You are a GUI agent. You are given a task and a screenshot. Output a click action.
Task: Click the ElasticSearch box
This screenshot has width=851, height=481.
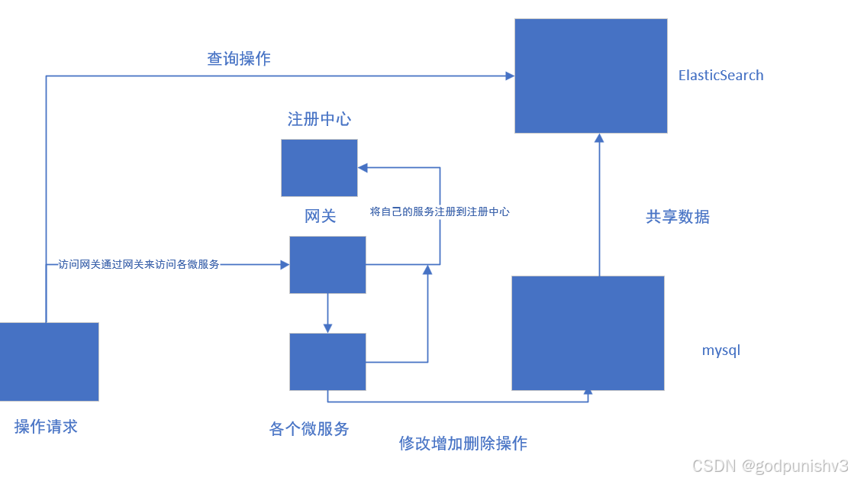coord(591,76)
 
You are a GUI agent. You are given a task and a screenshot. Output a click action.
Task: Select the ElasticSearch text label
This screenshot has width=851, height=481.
coord(720,76)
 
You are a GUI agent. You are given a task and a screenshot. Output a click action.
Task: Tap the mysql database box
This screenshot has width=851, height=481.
coord(588,333)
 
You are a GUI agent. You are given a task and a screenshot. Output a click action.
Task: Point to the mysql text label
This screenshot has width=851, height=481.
coord(721,351)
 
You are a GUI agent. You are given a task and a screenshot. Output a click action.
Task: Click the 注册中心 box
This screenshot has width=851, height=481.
coord(319,168)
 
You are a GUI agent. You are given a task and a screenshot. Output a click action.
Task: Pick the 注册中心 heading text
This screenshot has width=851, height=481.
coord(319,119)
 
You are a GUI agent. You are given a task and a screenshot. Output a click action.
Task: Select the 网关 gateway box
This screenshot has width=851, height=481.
coord(327,265)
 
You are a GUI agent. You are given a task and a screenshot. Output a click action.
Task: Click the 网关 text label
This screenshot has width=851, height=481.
coord(321,216)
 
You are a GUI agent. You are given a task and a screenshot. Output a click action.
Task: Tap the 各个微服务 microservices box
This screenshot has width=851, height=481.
coord(327,362)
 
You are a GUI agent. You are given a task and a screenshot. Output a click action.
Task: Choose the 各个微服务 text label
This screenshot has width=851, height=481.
coord(309,429)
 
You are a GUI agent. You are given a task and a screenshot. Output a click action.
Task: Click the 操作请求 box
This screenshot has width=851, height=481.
coord(49,362)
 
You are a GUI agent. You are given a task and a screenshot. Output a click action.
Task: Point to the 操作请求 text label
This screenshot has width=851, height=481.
coord(46,427)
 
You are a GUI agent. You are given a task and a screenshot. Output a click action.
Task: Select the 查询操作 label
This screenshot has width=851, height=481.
coord(239,59)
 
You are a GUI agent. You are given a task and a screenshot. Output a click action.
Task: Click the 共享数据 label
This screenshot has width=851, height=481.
coord(678,217)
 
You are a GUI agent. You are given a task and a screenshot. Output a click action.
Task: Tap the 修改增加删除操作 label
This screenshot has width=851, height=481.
coord(463,444)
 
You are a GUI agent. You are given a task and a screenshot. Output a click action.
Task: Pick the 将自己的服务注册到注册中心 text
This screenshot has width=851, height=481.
coord(440,212)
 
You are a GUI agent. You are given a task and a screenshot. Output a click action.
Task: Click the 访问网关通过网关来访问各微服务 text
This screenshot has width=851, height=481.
coord(139,265)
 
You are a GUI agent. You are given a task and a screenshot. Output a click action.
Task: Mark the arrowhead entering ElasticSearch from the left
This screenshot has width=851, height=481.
coord(509,76)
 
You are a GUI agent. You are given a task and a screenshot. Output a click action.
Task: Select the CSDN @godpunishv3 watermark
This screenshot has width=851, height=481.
coord(769,466)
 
